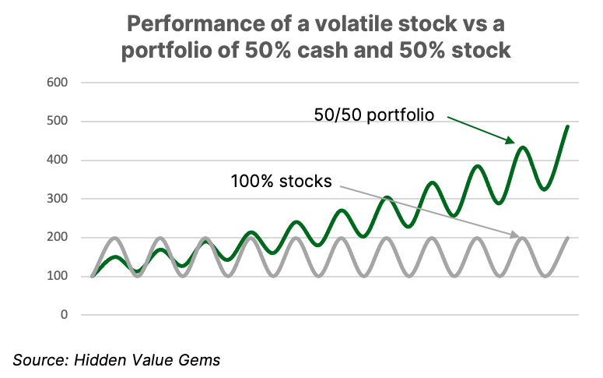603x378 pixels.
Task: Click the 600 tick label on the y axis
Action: pos(57,83)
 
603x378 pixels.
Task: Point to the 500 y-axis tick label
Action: pos(57,121)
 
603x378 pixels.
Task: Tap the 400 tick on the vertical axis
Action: pos(57,160)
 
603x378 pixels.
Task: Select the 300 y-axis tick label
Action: pos(57,199)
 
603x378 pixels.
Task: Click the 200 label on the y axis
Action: pos(57,238)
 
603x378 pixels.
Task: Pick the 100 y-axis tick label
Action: pos(57,276)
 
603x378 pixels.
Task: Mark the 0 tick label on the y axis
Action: pos(64,315)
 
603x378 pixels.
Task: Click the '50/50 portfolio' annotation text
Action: pos(373,115)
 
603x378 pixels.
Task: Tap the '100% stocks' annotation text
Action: pos(281,182)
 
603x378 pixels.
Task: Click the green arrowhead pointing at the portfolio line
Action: pos(510,140)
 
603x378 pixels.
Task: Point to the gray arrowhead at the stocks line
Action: pos(514,235)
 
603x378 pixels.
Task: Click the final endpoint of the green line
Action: pos(568,126)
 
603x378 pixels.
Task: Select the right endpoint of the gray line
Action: pos(568,238)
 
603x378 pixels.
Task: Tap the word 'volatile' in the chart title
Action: pos(354,24)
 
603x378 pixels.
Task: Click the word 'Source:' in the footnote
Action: pos(40,360)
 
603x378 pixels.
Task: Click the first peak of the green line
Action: pos(115,257)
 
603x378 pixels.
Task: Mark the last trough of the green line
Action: pos(545,189)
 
